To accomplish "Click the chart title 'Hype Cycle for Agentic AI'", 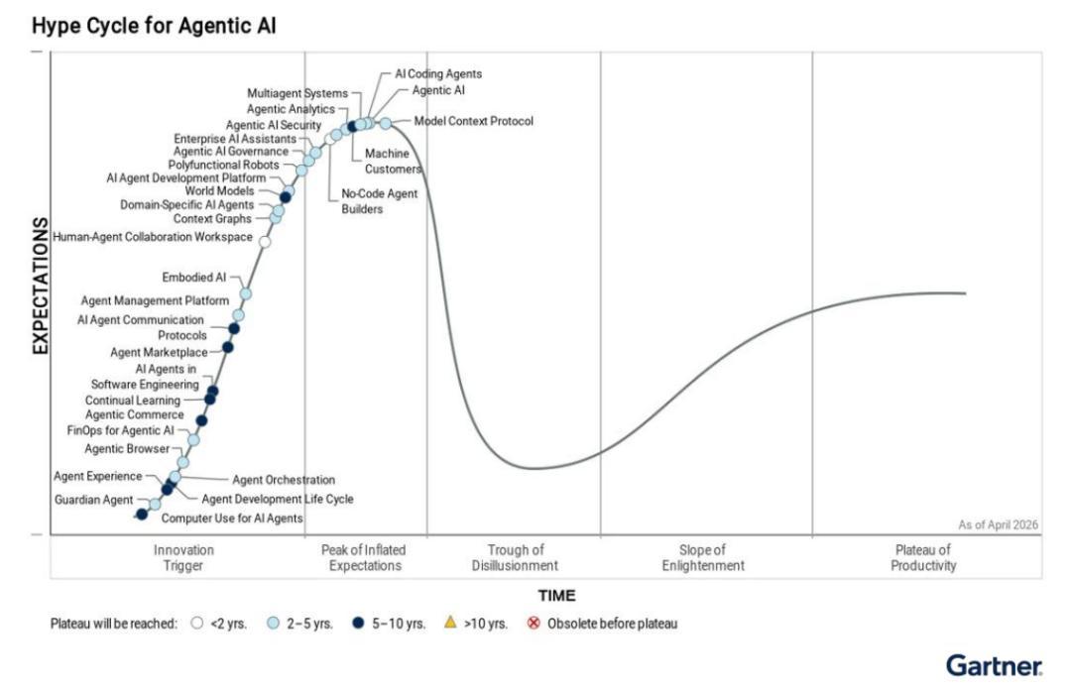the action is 154,26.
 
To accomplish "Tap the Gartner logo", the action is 995,664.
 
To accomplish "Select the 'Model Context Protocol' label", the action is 473,121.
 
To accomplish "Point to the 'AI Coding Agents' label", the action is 438,73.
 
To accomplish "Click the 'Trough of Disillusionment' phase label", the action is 515,557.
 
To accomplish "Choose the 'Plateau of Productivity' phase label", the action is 923,557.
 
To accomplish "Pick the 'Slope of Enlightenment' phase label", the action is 703,557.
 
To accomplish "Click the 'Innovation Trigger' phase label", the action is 183,557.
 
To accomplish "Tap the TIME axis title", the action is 556,596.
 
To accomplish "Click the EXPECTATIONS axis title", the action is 41,286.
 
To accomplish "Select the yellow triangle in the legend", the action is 450,623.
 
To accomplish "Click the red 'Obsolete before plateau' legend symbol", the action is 534,623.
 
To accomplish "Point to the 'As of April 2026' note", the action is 998,524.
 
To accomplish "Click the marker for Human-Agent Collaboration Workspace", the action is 265,241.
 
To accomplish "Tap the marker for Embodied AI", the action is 246,293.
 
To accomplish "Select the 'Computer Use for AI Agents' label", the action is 231,518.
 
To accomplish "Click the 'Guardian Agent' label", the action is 93,500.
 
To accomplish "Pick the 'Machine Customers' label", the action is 393,162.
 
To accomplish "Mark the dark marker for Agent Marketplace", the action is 228,348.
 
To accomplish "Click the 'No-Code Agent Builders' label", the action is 379,201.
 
